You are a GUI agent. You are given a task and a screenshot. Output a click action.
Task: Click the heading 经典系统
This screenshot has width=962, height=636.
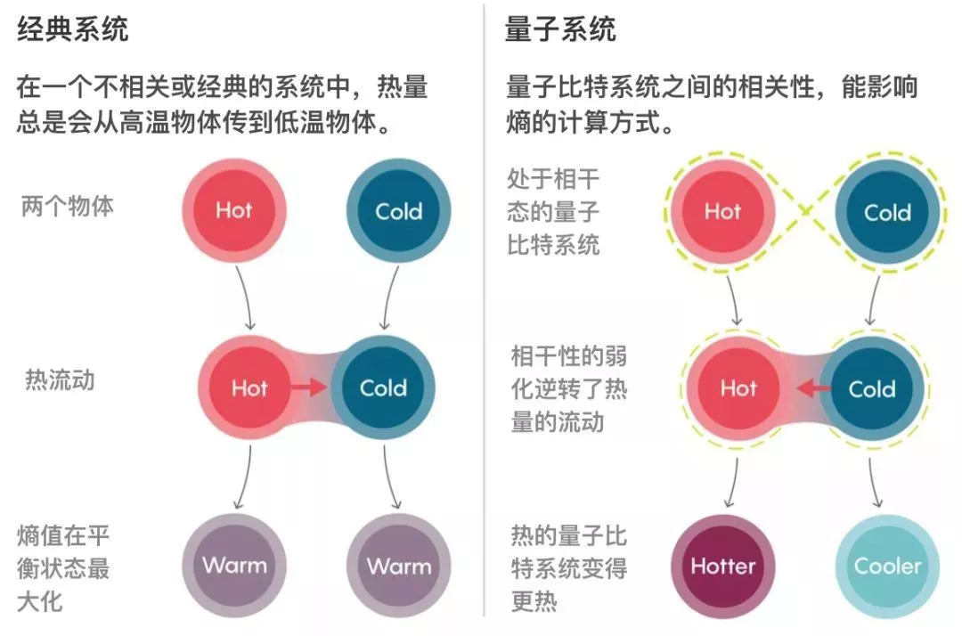72,29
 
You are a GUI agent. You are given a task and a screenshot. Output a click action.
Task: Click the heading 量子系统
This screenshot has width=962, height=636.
560,29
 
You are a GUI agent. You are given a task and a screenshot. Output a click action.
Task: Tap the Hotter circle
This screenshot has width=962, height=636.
722,567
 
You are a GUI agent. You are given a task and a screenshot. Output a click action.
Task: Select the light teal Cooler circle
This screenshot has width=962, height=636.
887,567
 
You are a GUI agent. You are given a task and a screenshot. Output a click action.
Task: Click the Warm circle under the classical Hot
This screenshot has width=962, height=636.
233,565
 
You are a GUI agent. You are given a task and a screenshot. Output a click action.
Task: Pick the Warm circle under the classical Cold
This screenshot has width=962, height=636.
399,567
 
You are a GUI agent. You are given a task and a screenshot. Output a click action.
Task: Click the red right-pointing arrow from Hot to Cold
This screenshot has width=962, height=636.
308,387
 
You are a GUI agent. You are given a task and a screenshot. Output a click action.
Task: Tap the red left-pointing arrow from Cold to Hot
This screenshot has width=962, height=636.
814,387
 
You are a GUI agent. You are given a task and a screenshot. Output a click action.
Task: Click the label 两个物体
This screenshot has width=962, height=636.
68,206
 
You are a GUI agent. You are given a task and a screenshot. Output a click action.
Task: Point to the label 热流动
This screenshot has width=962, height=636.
61,380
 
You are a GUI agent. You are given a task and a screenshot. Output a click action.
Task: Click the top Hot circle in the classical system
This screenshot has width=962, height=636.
233,210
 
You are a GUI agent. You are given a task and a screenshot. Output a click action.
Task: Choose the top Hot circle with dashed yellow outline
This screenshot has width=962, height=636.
722,212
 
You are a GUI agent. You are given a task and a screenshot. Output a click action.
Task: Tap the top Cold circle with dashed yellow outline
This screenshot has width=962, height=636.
887,213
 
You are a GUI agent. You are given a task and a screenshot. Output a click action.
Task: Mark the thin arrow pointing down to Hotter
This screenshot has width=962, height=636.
734,483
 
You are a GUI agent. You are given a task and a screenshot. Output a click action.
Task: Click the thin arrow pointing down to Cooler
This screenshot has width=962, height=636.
873,483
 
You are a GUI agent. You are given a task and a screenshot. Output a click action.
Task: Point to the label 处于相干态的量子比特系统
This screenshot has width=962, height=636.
553,212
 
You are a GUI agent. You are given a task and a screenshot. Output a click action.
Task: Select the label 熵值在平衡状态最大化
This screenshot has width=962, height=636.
63,568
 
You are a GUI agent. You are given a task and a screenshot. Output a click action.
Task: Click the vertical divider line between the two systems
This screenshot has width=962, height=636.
484,310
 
